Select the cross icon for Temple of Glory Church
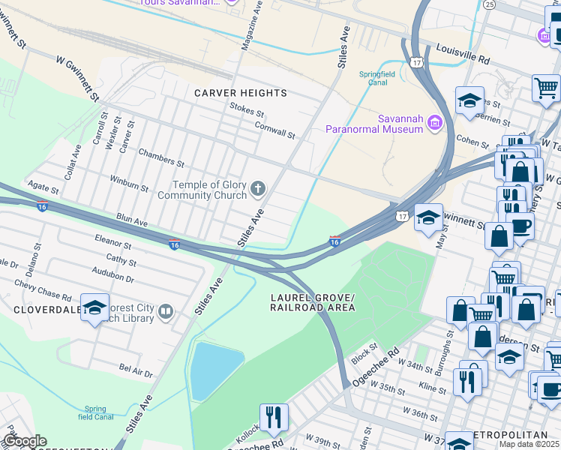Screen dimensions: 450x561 click(258, 189)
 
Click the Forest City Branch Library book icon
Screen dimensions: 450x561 click(165, 311)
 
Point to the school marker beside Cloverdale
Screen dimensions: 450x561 click(95, 307)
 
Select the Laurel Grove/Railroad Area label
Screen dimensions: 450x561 click(313, 303)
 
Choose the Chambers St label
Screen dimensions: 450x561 click(161, 157)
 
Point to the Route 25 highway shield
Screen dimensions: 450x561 click(490, 4)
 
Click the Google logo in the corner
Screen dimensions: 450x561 click(25, 442)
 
